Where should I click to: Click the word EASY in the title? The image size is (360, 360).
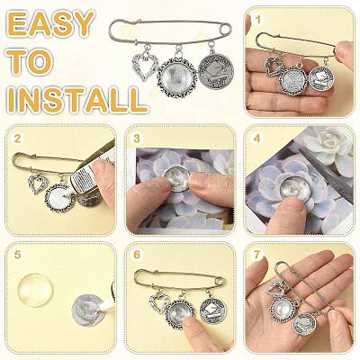tap(50, 24)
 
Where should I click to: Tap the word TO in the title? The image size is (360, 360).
tap(30, 63)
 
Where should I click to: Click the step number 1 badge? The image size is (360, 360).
tap(257, 21)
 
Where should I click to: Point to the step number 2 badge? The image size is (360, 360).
tap(18, 139)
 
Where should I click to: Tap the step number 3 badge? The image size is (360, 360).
tap(137, 139)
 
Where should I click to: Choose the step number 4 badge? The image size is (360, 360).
tap(256, 139)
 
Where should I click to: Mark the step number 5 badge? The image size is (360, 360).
tap(18, 255)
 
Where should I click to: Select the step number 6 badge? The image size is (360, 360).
tap(137, 255)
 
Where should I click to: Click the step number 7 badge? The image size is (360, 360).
tap(256, 255)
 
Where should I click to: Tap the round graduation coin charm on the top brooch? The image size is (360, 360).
tap(216, 71)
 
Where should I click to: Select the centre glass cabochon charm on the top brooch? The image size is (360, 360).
tap(177, 76)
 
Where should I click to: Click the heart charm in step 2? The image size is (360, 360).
tap(37, 184)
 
